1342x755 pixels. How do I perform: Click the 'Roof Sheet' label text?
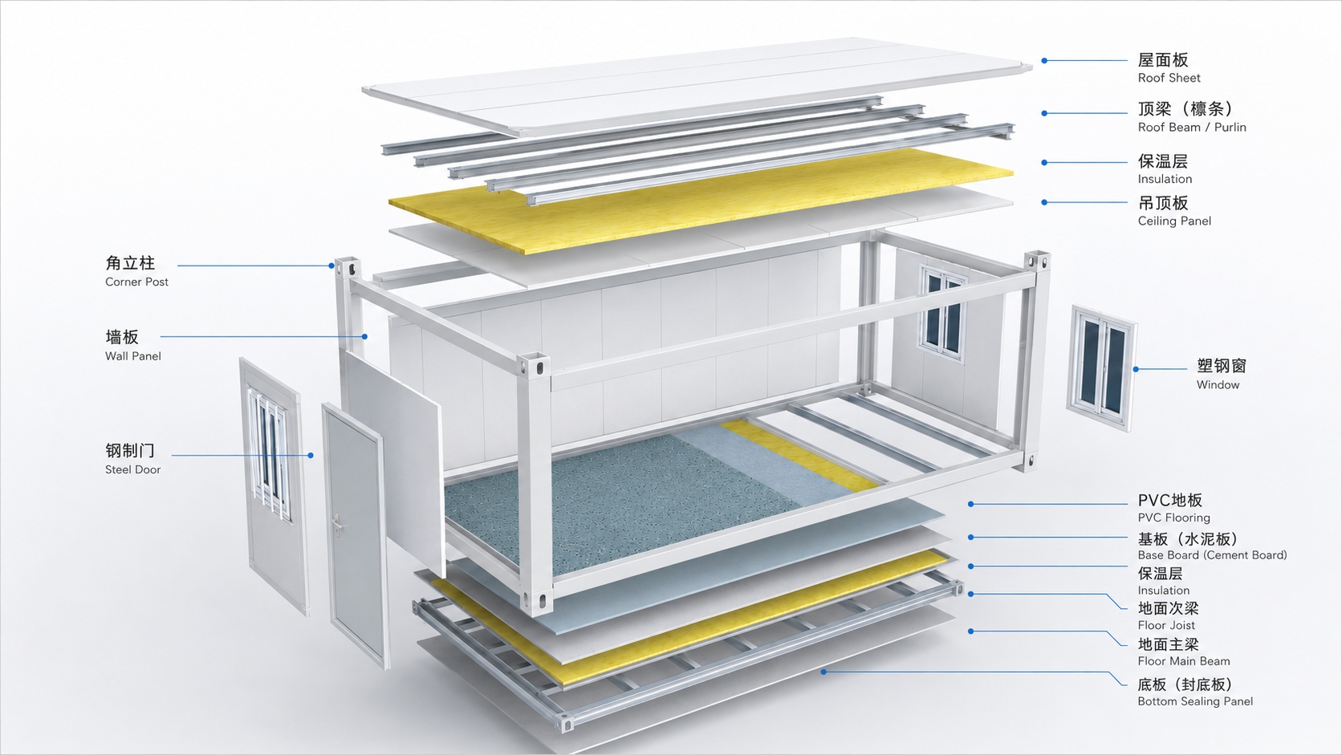click(x=1169, y=78)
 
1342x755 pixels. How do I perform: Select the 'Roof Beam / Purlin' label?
click(x=1192, y=127)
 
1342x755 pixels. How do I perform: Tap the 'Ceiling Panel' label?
click(x=1174, y=221)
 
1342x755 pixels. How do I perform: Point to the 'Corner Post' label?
click(x=136, y=282)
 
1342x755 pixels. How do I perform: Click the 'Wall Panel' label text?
click(x=133, y=356)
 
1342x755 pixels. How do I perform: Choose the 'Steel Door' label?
click(x=133, y=470)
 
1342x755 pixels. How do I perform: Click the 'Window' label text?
click(x=1218, y=385)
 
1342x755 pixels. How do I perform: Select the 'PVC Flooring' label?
click(x=1173, y=518)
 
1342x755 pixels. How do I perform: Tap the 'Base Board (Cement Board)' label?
click(x=1212, y=555)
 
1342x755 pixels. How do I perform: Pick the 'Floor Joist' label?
click(x=1166, y=625)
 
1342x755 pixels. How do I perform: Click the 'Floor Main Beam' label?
click(x=1184, y=661)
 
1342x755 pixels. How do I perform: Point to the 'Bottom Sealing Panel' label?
click(x=1195, y=701)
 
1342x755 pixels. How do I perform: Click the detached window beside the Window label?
click(x=1100, y=367)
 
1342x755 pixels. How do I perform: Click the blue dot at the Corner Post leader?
click(x=331, y=266)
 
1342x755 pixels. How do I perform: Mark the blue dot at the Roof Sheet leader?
click(x=1044, y=60)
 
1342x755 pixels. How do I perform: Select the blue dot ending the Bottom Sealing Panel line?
click(x=823, y=672)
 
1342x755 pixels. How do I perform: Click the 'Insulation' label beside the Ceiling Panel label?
click(x=1165, y=179)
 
